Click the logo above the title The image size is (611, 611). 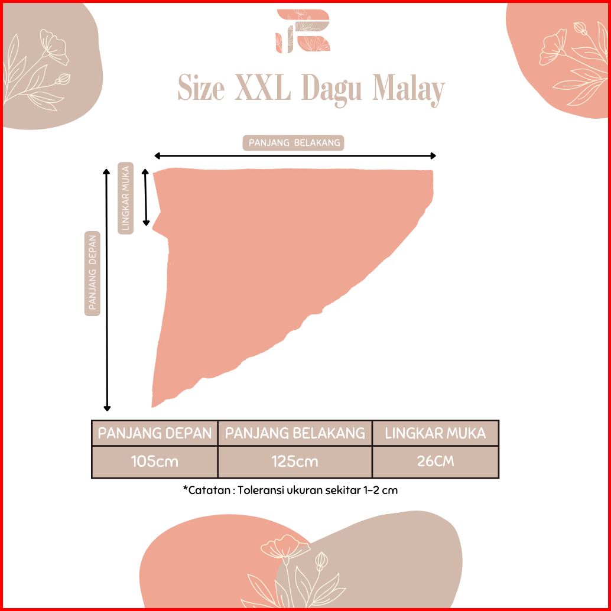(x=305, y=31)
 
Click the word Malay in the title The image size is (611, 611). (x=408, y=91)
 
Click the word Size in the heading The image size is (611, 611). (x=201, y=90)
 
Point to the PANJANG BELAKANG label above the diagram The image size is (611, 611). (x=294, y=143)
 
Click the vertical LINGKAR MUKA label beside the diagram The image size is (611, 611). (x=125, y=198)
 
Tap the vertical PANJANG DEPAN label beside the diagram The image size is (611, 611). (x=93, y=273)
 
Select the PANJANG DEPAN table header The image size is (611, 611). (x=155, y=433)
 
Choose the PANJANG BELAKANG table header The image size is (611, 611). (x=295, y=433)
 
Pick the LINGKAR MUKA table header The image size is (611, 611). (x=435, y=433)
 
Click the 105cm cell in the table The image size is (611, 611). (x=155, y=461)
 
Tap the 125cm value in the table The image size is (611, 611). (x=295, y=461)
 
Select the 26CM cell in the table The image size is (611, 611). (x=435, y=461)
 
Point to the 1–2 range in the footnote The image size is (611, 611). (x=370, y=490)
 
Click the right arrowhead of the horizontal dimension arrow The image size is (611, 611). (x=433, y=156)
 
